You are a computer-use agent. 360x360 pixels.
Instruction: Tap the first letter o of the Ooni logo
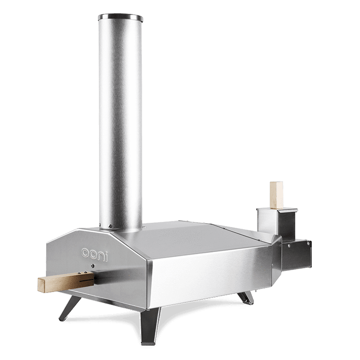[x=85, y=252]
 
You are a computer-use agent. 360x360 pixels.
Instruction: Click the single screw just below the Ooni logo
[x=93, y=265]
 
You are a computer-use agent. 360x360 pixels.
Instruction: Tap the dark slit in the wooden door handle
[x=86, y=280]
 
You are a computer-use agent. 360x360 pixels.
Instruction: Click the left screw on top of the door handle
[x=80, y=273]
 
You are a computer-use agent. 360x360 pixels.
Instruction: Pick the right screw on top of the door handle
[x=85, y=272]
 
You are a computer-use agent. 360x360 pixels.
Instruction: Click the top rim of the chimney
[x=121, y=17]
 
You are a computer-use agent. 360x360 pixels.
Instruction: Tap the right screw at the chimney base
[x=110, y=226]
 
